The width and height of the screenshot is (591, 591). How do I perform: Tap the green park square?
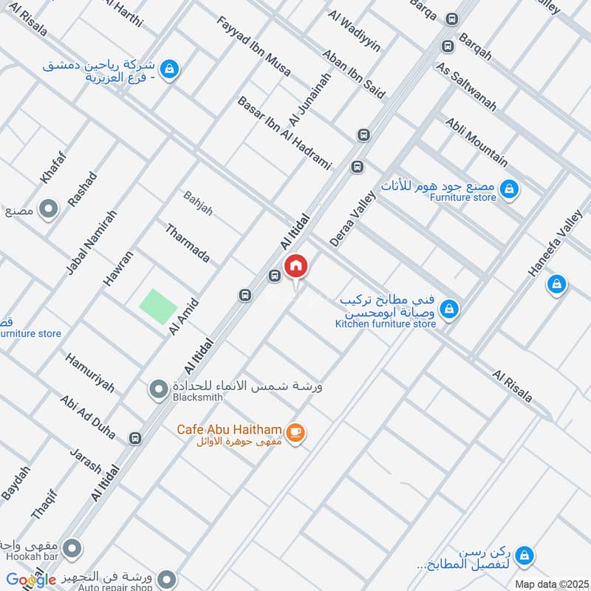point(159,306)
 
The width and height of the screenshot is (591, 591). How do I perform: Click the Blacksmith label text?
point(198,397)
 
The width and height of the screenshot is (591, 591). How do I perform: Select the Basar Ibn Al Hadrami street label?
point(284,133)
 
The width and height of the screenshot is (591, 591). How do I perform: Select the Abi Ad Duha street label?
point(88,417)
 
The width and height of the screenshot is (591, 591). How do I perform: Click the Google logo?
point(31,580)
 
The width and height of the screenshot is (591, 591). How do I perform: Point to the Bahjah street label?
point(197,202)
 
